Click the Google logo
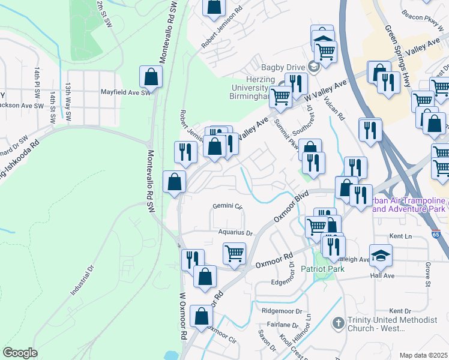(20, 353)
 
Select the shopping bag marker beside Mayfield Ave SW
(151, 77)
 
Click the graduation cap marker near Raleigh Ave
(381, 256)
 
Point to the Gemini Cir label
(228, 206)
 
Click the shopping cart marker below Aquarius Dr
(234, 253)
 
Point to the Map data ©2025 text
(423, 355)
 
